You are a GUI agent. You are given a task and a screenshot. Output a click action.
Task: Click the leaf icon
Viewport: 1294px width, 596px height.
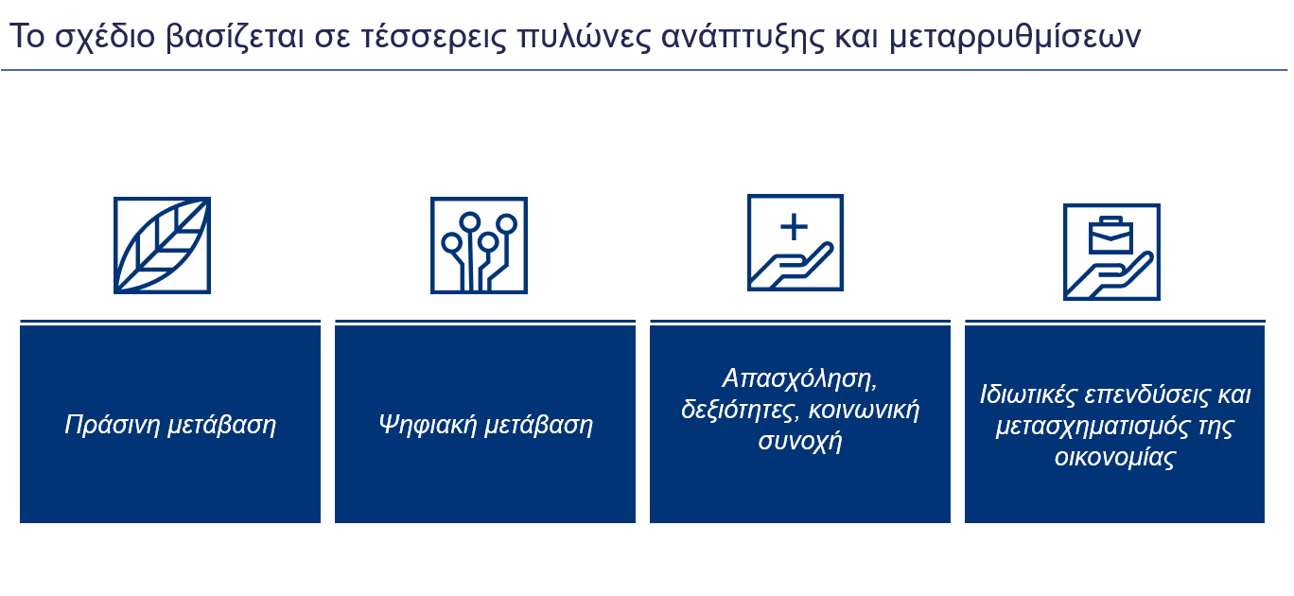pos(163,245)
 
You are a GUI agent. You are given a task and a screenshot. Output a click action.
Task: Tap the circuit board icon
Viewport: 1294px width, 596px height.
pos(479,245)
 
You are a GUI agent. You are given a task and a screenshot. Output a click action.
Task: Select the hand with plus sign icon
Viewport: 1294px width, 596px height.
pos(796,242)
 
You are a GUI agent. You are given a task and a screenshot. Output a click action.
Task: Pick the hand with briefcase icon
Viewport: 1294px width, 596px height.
pos(1112,252)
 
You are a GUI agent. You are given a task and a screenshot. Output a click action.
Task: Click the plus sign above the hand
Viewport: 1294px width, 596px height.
pos(795,227)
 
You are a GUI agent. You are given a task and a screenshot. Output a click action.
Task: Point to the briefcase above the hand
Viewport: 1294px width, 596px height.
pos(1110,235)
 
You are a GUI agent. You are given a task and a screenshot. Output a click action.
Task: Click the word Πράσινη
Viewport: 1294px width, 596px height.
pos(112,425)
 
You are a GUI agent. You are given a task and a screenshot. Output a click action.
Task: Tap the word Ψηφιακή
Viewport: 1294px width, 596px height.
pos(428,425)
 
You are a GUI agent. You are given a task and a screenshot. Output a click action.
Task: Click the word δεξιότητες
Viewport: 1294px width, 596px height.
pos(741,410)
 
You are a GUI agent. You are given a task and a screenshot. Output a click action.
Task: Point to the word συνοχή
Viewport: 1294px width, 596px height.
pos(800,441)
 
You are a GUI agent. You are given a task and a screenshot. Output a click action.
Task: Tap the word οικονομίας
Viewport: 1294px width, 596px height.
pos(1115,458)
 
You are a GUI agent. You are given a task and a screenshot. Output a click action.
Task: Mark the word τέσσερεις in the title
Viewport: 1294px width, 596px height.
pos(433,36)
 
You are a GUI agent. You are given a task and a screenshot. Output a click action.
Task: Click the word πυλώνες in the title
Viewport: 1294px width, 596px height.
pos(584,38)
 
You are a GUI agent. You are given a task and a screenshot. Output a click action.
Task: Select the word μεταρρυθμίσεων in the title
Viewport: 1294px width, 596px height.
pos(1015,38)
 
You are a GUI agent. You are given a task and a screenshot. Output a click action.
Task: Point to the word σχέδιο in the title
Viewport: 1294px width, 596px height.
pos(105,38)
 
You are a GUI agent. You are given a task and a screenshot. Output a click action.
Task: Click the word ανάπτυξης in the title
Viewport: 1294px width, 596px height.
pos(743,38)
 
